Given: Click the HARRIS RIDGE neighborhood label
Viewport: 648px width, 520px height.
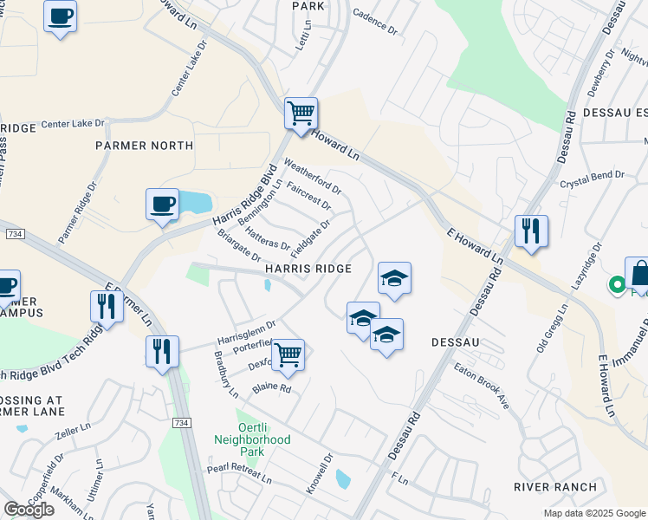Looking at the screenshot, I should click(308, 270).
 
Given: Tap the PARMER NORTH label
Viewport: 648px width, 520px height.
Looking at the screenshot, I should click(145, 146).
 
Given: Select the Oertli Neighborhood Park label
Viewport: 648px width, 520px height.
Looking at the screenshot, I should click(252, 439).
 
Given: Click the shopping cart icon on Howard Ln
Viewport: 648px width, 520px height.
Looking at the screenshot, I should click(301, 113).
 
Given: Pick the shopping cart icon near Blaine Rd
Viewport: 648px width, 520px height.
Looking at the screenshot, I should click(288, 354).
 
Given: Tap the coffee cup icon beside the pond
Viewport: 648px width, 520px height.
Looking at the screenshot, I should click(162, 205).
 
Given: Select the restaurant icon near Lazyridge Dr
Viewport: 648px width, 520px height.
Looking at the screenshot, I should click(531, 231).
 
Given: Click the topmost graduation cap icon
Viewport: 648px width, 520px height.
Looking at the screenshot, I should click(394, 278).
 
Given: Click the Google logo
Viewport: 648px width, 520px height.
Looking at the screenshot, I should click(29, 510).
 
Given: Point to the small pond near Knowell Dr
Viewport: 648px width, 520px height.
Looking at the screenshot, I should click(343, 478).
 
